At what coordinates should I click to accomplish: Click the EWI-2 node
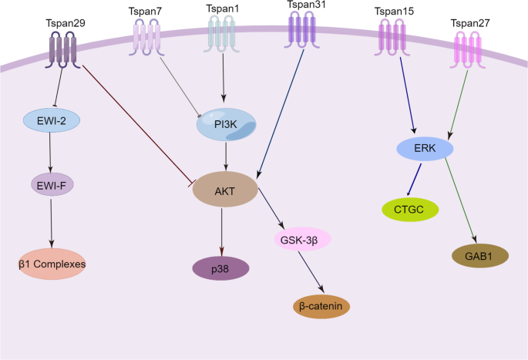pos(50,121)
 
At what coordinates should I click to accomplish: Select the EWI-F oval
pos(51,184)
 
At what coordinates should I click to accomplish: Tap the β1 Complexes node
pos(52,264)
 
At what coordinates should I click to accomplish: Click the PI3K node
pos(225,125)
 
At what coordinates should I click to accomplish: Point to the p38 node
pos(220,267)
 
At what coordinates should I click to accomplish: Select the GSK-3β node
pos(302,238)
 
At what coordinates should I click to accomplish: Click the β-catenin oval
pos(321,306)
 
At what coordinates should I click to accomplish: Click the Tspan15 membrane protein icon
pos(392,37)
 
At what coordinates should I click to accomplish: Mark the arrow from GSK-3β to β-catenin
pos(312,272)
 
